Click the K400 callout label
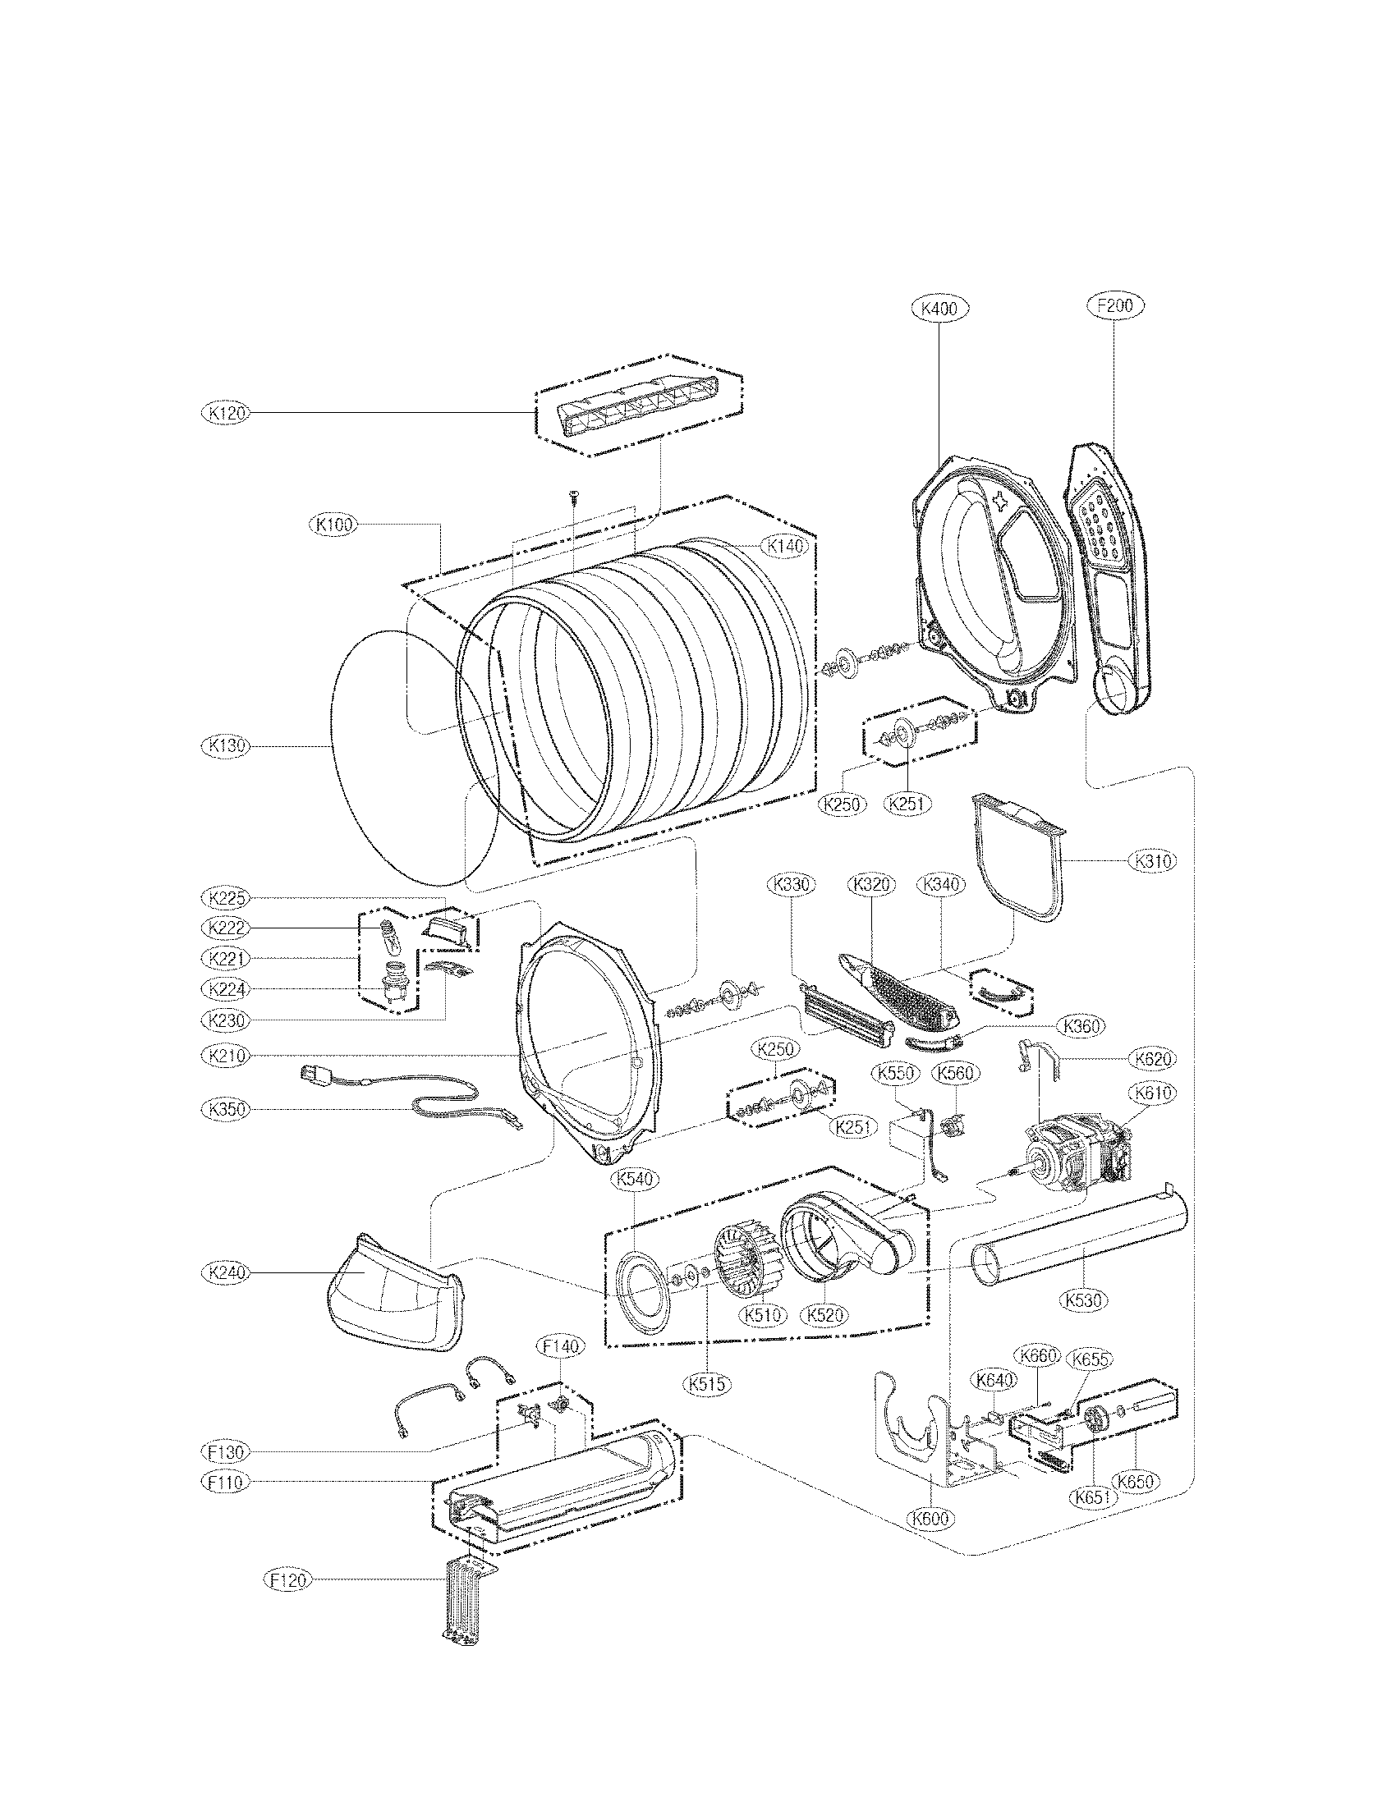coord(939,309)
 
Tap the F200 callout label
coord(1115,305)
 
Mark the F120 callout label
coord(286,1580)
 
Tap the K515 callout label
coord(707,1381)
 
